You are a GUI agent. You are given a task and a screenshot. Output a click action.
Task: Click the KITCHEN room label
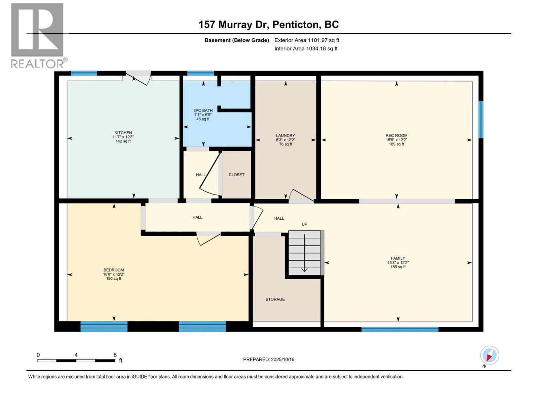point(123,133)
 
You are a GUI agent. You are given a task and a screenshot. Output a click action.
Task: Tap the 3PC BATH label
point(203,110)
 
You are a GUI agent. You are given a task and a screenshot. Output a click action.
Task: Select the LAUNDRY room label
point(285,136)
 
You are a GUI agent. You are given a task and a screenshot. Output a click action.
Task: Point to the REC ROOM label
point(396,136)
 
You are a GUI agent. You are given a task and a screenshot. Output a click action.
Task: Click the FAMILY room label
point(398,259)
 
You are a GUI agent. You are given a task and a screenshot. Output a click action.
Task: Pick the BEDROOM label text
point(114,270)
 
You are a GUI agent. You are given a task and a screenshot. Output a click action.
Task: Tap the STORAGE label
point(275,299)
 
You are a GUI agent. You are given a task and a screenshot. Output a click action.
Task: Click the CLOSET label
point(236,175)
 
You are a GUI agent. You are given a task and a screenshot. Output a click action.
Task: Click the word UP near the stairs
point(304,224)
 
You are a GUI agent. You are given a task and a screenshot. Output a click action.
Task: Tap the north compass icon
point(489,355)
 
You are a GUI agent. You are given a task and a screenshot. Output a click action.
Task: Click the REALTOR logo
point(37,35)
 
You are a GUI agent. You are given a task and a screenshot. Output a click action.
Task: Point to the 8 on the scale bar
point(115,355)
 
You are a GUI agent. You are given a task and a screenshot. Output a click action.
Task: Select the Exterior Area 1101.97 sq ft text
point(307,40)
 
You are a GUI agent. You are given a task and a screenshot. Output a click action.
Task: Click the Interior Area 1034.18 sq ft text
point(306,48)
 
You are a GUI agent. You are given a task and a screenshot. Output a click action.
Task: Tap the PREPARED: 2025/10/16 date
point(269,359)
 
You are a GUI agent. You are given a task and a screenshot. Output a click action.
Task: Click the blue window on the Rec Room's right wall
point(481,120)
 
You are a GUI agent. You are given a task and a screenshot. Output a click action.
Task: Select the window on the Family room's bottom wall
point(400,329)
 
